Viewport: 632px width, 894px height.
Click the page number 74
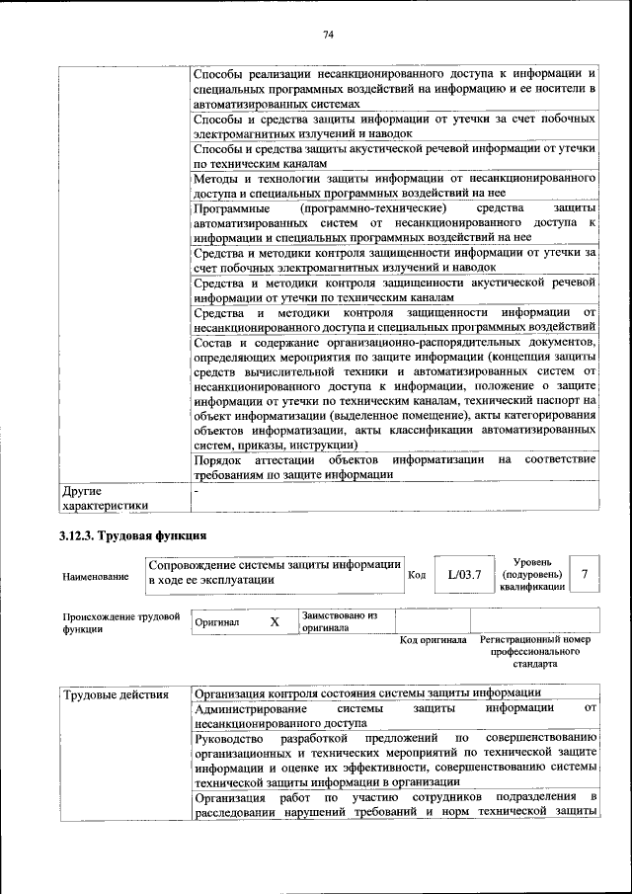(329, 35)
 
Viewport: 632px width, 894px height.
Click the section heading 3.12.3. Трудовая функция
(131, 536)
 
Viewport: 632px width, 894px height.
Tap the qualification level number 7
(586, 574)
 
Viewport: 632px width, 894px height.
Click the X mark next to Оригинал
(275, 622)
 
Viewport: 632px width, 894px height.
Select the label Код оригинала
(433, 640)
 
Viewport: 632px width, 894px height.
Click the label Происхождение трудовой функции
(120, 622)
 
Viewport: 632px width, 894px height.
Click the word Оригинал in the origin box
(216, 622)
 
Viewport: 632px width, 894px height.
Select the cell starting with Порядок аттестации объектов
(395, 466)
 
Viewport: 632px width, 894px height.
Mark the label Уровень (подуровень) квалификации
(532, 574)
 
